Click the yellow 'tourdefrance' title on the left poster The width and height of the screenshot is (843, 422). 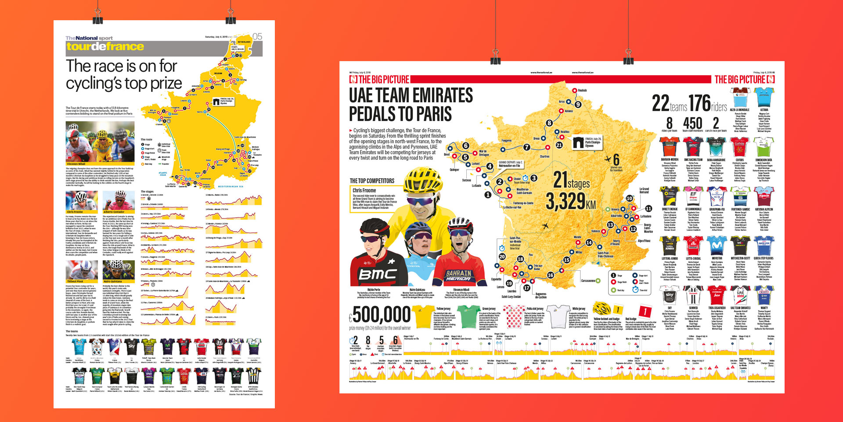pos(105,47)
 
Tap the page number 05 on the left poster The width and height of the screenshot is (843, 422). pos(257,36)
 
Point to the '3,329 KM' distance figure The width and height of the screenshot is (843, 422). pos(571,201)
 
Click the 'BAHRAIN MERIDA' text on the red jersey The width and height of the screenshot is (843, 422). pos(459,276)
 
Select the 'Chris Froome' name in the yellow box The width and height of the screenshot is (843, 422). pos(364,190)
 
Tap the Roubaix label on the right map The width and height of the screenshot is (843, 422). pos(582,91)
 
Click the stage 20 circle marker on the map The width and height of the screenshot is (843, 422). pos(502,256)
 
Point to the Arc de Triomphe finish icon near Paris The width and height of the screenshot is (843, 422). pos(578,142)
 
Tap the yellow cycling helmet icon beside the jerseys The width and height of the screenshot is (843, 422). pos(602,309)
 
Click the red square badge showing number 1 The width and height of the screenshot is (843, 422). pos(644,312)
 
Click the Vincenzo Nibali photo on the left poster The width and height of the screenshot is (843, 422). pos(100,142)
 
